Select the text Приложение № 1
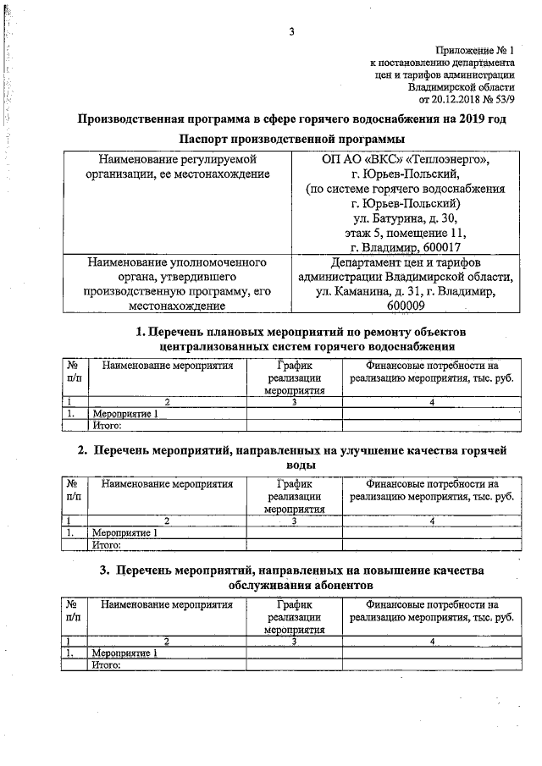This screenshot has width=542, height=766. click(x=477, y=51)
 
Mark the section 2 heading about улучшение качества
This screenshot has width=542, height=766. click(x=296, y=458)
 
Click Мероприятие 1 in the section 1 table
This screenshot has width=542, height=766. click(x=124, y=414)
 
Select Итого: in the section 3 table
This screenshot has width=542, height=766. click(x=107, y=664)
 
